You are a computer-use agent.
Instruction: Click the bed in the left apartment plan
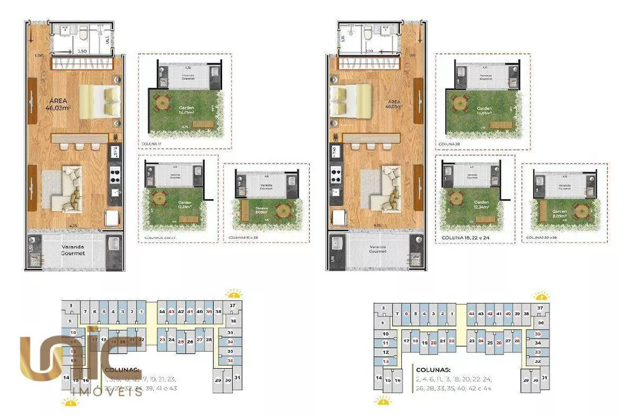coord(100,101)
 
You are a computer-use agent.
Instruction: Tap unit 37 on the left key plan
coord(232,305)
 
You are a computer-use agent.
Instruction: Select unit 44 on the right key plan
coord(472,314)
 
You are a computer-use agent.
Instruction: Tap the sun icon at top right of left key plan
coord(234,294)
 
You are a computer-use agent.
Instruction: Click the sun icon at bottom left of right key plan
coord(382,400)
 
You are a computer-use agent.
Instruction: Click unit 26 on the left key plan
coord(189,341)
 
